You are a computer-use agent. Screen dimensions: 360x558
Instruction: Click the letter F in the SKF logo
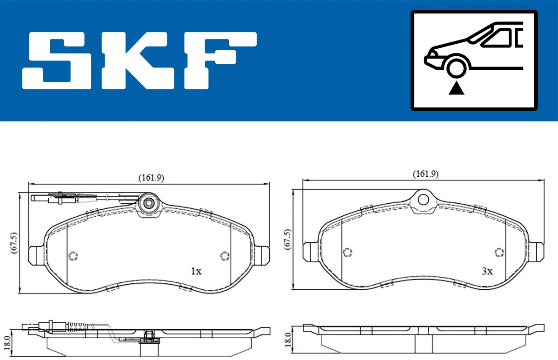pos(219,60)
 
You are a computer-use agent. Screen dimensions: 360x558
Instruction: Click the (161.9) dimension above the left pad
pos(151,177)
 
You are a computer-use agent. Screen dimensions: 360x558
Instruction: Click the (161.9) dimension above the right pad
pos(425,174)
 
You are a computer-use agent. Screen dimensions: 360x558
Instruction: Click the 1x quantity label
pos(196,271)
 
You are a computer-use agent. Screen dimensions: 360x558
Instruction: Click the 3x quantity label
pos(487,271)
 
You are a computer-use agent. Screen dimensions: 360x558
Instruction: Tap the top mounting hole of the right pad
pos(423,199)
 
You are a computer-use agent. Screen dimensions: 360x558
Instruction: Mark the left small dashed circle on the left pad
pos(73,256)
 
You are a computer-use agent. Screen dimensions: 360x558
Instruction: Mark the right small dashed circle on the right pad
pos(499,252)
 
